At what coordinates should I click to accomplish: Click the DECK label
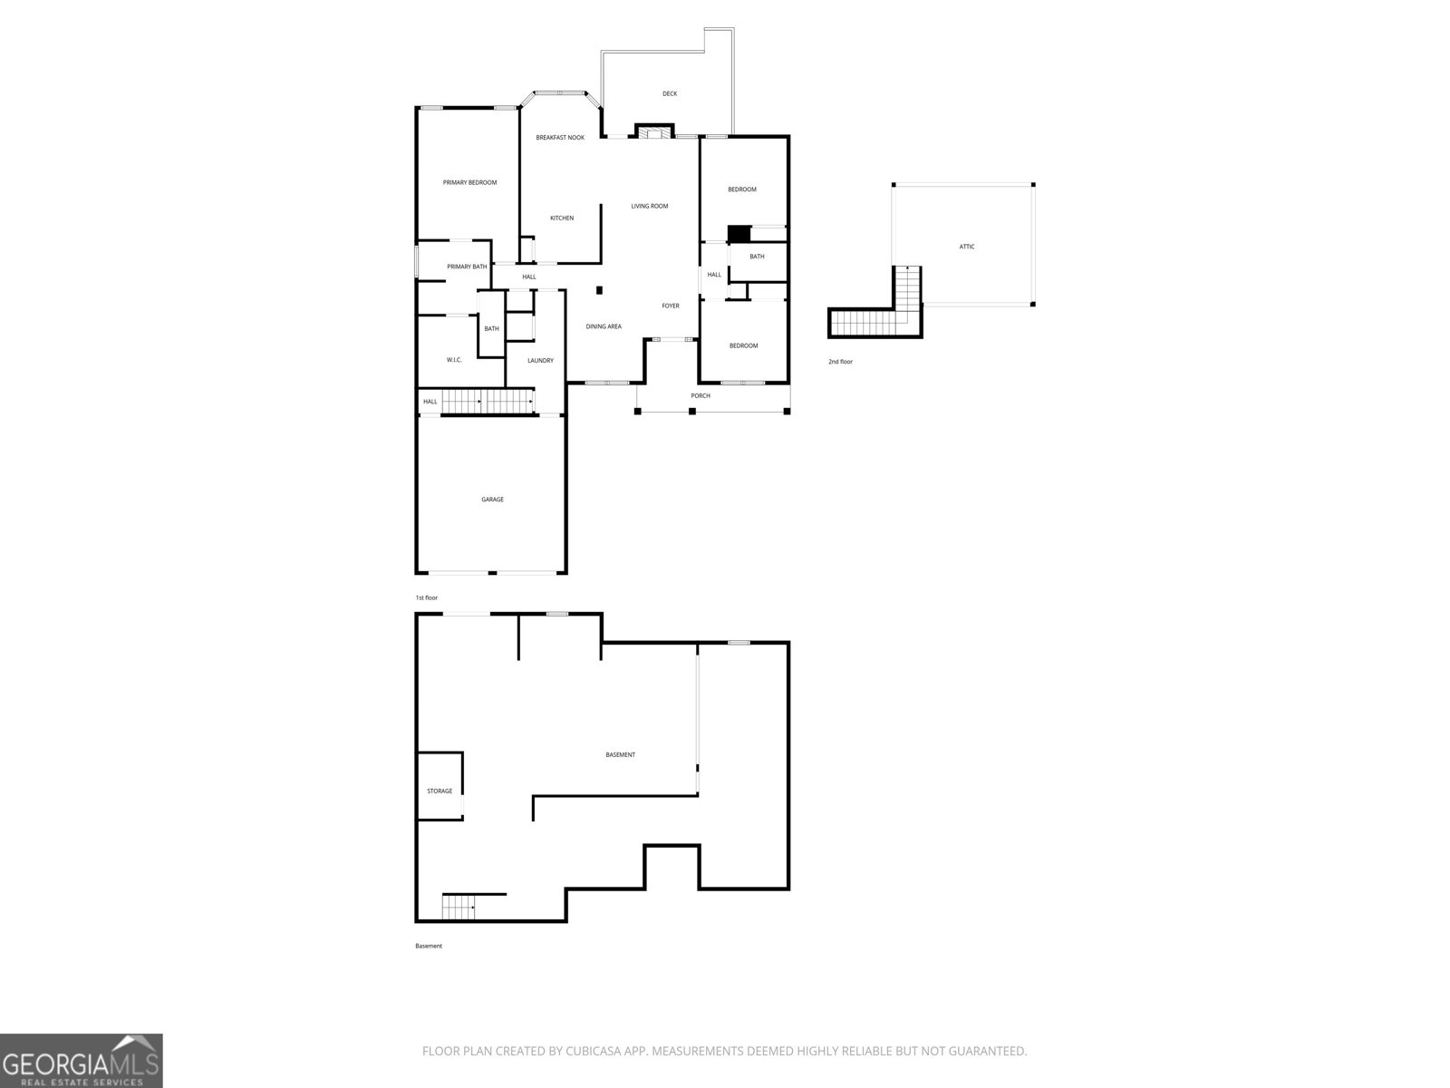coord(670,93)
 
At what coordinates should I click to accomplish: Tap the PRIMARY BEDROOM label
coord(469,182)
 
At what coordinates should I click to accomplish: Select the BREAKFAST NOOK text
coord(560,137)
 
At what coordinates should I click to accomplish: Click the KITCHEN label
coord(562,218)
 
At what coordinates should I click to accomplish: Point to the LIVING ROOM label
coord(650,206)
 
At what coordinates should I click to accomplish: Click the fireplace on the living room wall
coord(652,132)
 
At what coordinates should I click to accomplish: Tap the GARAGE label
coord(492,500)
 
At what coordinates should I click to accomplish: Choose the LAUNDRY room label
coord(540,361)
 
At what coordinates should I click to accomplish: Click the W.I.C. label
coord(454,360)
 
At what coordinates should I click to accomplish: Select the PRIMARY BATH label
coord(467,267)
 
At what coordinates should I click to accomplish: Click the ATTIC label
coord(967,247)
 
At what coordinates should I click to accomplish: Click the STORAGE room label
coord(440,792)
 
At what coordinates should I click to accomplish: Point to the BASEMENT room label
coord(621,754)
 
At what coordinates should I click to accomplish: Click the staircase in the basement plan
coord(459,906)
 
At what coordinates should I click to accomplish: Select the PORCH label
coord(701,395)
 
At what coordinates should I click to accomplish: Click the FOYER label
coord(671,306)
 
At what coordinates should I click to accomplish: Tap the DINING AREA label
coord(604,326)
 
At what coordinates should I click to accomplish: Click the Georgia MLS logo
coord(82,1061)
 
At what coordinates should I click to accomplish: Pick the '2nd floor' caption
coord(840,362)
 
